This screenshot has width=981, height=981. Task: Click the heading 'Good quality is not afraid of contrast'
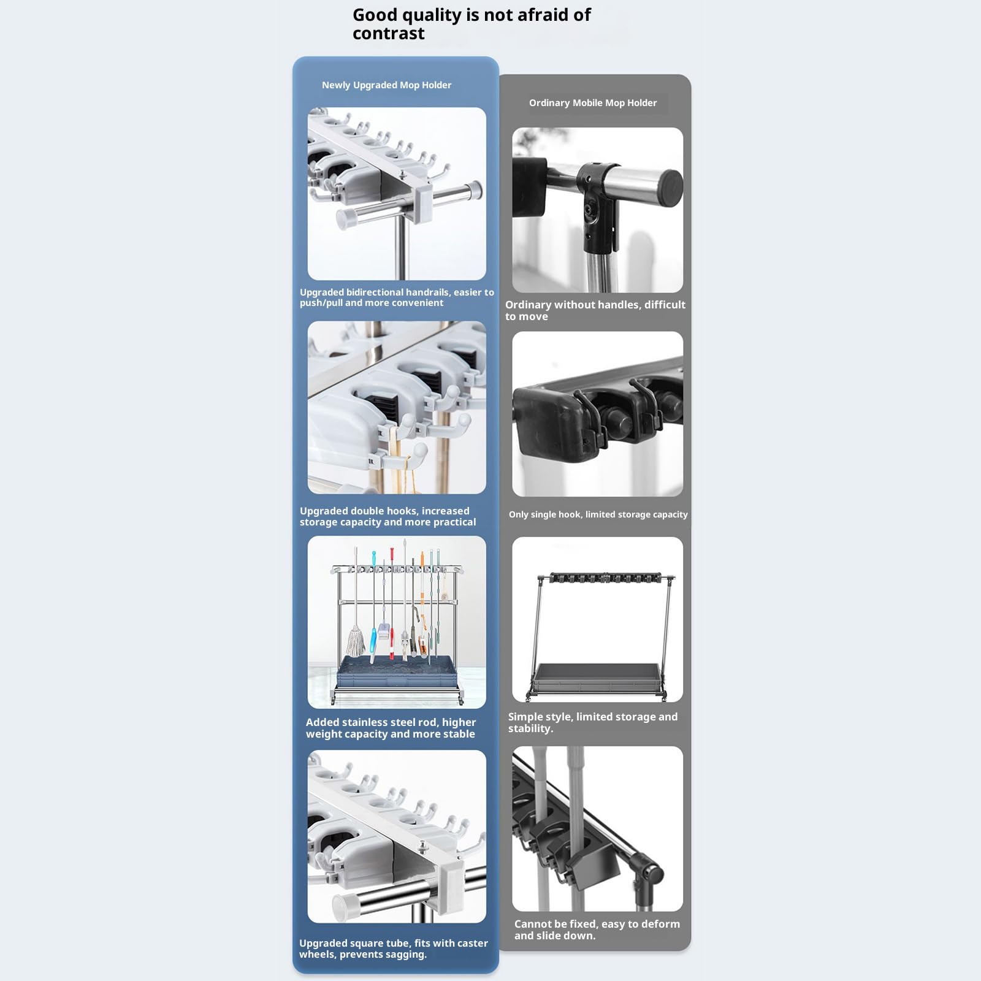[471, 24]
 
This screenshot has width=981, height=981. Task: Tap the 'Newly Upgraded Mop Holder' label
[386, 85]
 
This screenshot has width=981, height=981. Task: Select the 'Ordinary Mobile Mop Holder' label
[593, 103]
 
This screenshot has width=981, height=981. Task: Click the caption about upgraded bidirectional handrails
[397, 297]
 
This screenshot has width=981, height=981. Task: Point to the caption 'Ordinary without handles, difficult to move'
[595, 310]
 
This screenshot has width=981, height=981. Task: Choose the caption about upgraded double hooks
[387, 516]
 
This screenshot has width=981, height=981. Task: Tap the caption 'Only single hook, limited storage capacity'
[598, 514]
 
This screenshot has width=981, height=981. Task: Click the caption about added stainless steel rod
[391, 728]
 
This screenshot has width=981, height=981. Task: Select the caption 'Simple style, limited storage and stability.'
[593, 722]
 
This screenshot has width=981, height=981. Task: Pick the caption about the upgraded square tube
[394, 949]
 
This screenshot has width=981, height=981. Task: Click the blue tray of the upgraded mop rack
[395, 671]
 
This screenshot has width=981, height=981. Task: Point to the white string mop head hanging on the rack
[356, 640]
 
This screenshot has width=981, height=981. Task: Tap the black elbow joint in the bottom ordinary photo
[646, 872]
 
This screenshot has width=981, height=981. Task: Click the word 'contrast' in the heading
[388, 33]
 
